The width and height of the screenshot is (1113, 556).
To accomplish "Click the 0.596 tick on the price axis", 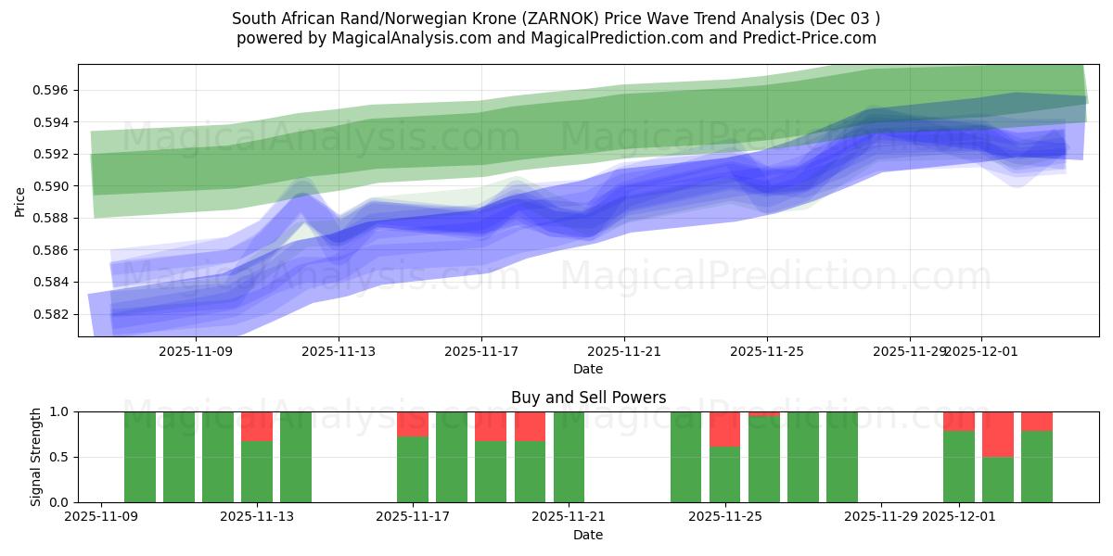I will pos(54,90).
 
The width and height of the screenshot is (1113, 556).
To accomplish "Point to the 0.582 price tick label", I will pos(54,314).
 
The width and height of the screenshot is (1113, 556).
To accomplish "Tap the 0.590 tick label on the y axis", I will pos(54,186).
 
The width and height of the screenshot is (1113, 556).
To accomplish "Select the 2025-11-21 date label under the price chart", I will pos(623,351).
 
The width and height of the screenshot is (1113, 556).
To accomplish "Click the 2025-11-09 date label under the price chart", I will pos(196,351).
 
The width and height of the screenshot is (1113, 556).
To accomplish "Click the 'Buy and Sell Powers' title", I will pos(588,398).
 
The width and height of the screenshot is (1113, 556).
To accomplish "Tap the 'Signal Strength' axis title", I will pos(36,456).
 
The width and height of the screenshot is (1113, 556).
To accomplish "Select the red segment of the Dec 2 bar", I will pos(998,434).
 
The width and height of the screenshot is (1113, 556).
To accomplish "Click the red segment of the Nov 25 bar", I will pos(724,429).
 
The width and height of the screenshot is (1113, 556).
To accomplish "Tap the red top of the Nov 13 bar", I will pos(257,426).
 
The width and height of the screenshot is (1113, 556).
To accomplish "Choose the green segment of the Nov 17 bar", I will pos(412,469).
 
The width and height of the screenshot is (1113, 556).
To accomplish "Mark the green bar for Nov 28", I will pos(841,456).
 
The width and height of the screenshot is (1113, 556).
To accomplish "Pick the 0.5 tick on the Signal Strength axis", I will pos(61,457).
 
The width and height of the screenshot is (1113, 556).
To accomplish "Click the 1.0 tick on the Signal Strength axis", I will pos(61,411).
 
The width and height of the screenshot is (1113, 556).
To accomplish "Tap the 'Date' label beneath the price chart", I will pos(588,369).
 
